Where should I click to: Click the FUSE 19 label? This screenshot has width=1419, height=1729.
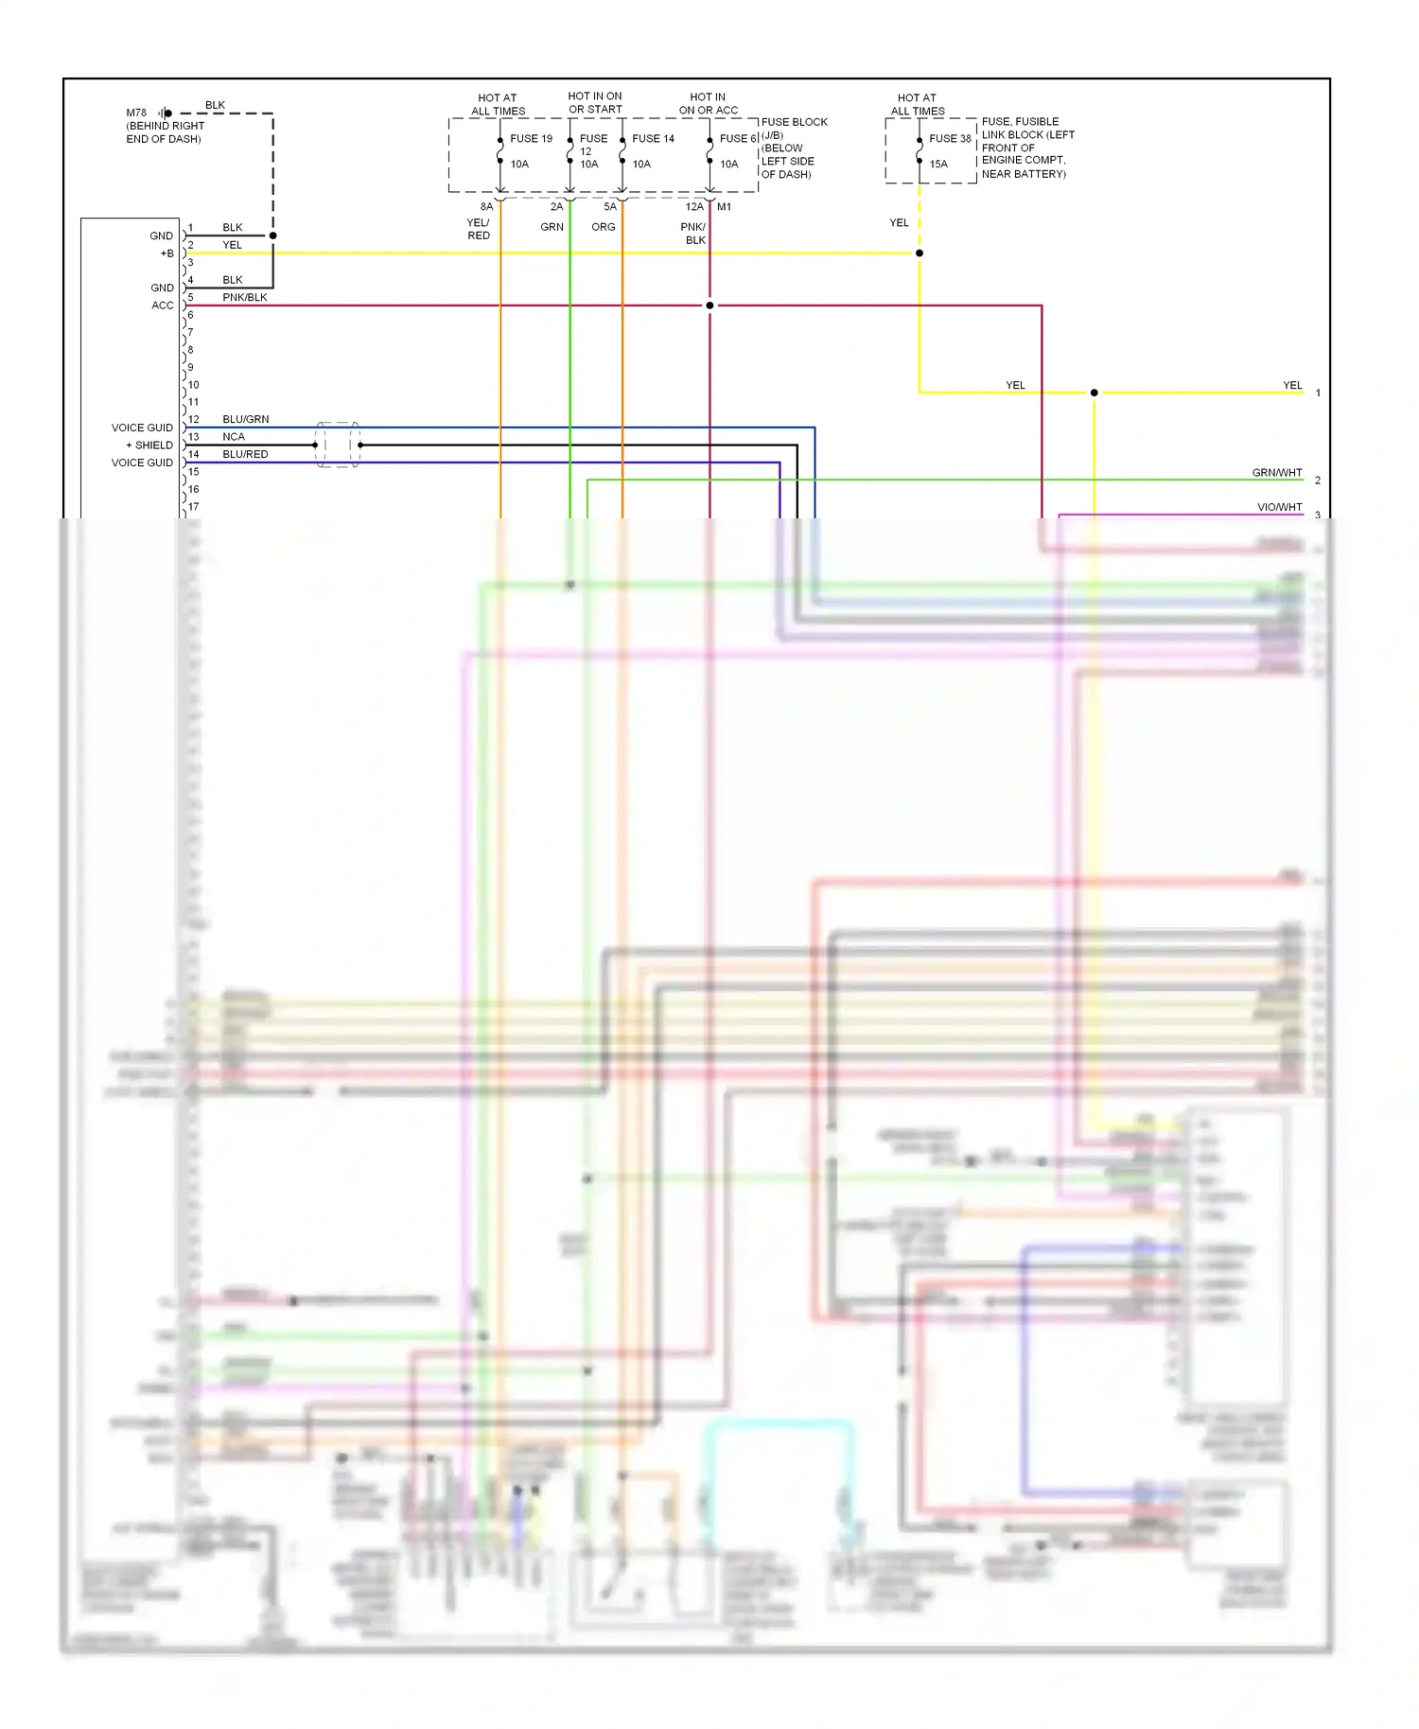[x=531, y=138]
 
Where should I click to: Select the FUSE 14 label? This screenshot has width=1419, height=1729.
[x=653, y=138]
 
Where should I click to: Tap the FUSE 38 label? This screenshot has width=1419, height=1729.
[x=950, y=138]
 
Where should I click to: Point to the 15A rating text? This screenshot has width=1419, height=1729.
[x=937, y=164]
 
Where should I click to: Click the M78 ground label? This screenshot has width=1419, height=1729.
[x=136, y=113]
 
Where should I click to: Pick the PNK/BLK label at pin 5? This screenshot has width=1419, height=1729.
[x=244, y=297]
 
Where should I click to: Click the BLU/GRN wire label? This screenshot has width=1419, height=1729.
[x=245, y=419]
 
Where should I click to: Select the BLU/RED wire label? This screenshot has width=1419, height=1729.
[x=245, y=454]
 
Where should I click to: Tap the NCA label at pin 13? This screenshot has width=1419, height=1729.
[x=233, y=437]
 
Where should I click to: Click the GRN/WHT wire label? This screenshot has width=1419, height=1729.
[x=1276, y=472]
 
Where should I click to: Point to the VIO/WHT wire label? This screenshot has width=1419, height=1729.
[x=1279, y=507]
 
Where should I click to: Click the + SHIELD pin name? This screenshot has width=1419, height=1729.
[x=149, y=445]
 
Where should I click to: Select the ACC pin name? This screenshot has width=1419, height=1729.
[x=163, y=306]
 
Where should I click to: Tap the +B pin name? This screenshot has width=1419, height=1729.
[x=166, y=253]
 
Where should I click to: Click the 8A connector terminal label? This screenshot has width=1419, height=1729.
[x=486, y=206]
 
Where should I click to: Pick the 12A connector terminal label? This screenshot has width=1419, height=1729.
[x=693, y=206]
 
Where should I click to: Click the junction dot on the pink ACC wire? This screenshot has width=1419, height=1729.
[x=709, y=306]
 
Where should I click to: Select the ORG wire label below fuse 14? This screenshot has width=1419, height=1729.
[x=603, y=227]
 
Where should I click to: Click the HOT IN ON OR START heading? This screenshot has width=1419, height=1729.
[x=595, y=103]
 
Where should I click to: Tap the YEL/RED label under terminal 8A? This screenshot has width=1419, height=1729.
[x=479, y=229]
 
